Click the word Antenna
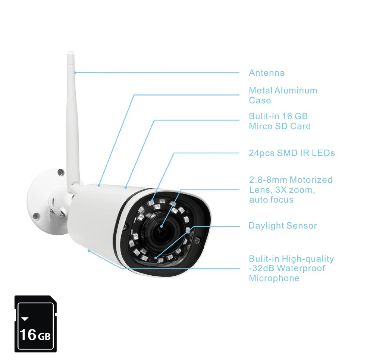(x=266, y=73)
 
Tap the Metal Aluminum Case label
(x=283, y=95)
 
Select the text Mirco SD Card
(x=279, y=126)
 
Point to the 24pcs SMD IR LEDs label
(x=292, y=153)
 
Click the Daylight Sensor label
(x=282, y=226)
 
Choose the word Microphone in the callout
(x=274, y=278)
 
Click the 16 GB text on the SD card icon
(x=35, y=334)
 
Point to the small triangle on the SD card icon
(x=25, y=319)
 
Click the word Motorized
(x=311, y=180)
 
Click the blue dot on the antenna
(x=75, y=72)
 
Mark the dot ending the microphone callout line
(x=89, y=250)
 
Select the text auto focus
(x=271, y=200)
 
